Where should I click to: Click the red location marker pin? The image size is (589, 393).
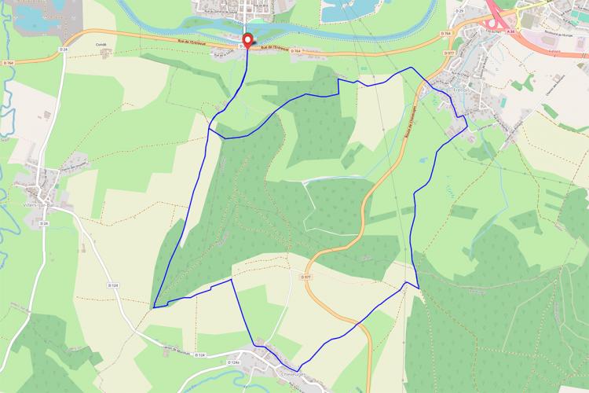pos(247,40)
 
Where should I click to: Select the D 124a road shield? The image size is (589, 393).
pos(232,362)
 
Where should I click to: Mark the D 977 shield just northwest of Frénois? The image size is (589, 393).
pos(449,52)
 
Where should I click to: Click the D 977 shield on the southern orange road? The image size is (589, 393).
pos(306,277)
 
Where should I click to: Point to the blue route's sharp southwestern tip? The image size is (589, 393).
pos(154,307)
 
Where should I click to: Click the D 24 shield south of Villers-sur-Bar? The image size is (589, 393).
pos(43,224)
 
